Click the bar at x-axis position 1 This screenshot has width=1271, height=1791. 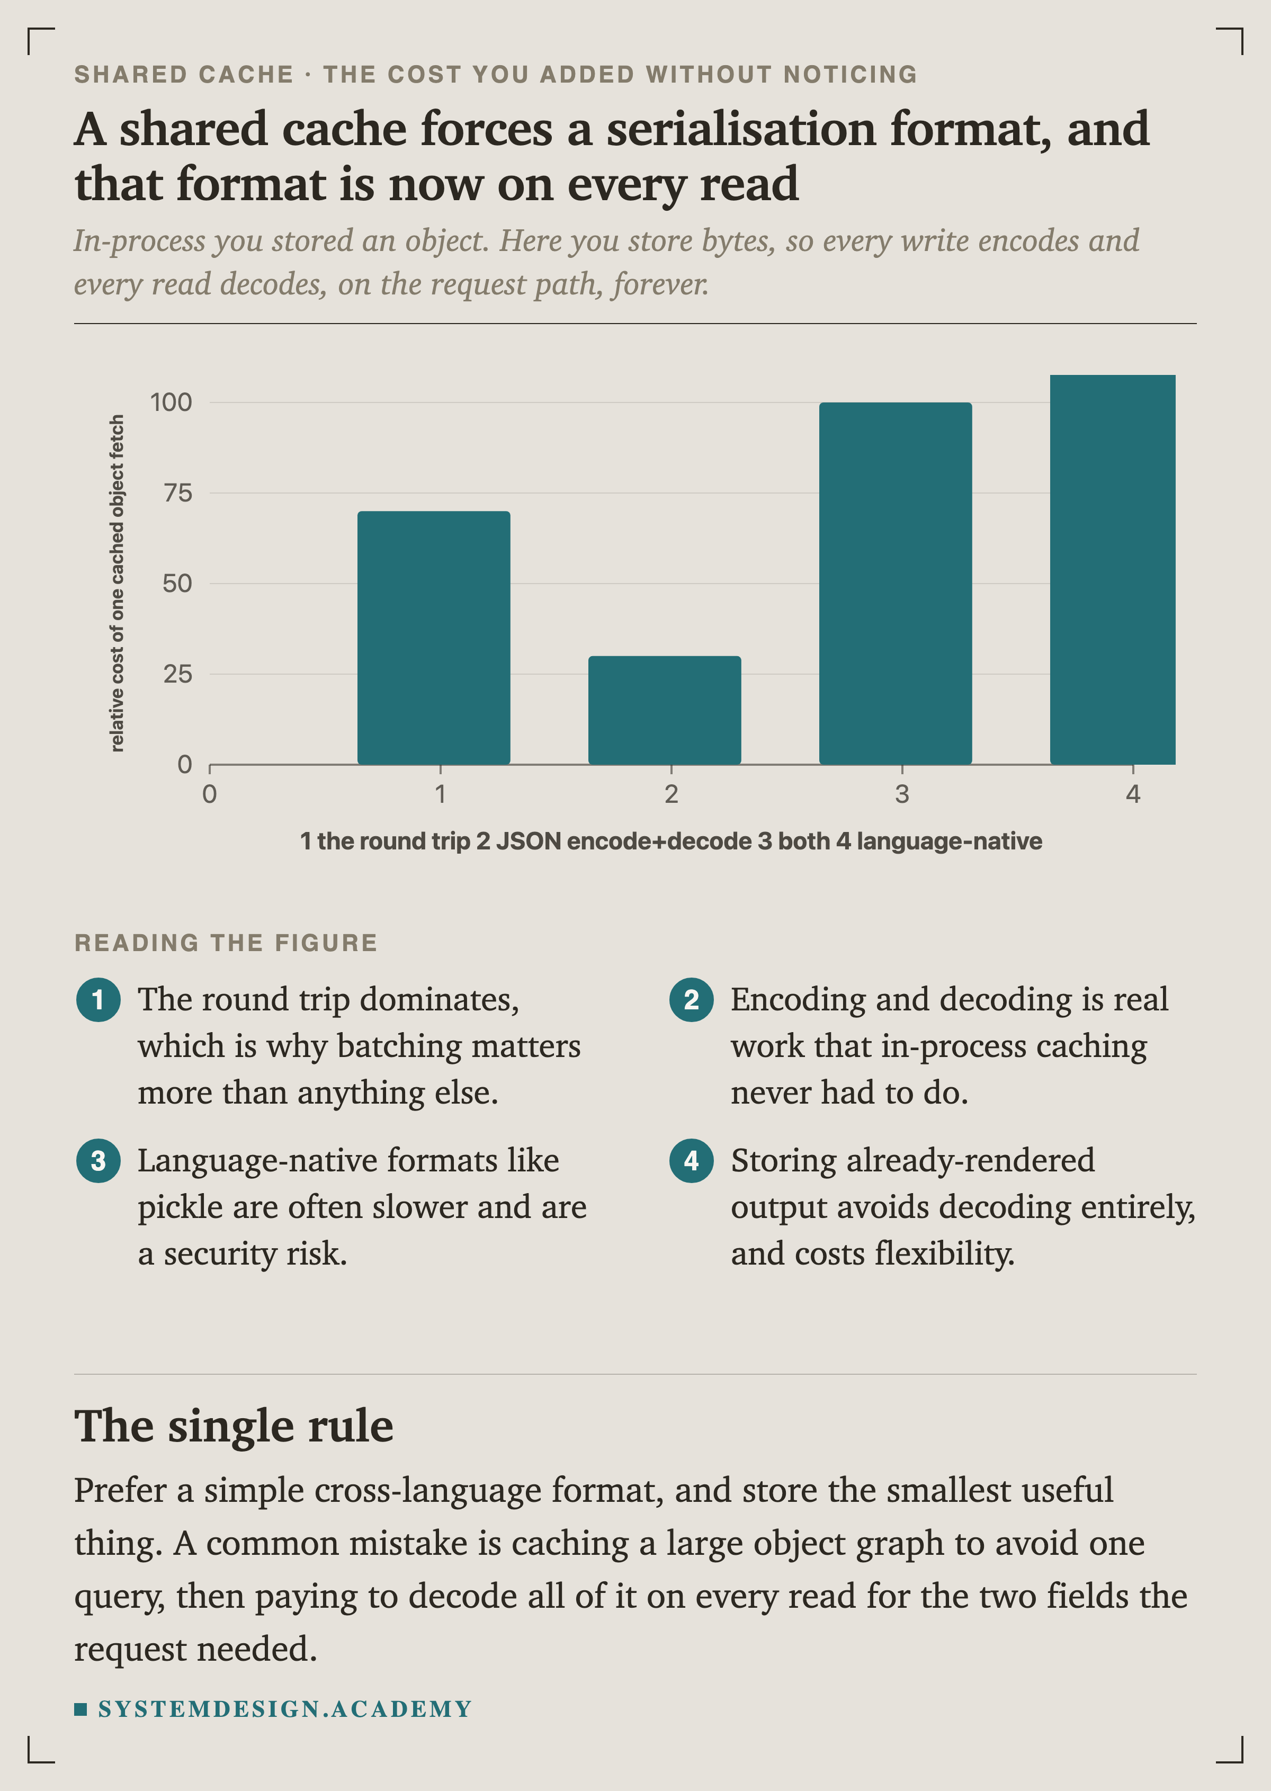(x=434, y=638)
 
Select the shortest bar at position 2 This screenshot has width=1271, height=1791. (x=665, y=710)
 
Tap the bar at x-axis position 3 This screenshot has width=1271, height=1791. (x=896, y=583)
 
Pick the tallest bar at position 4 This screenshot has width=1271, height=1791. (x=1112, y=570)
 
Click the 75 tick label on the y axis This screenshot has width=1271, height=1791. (x=177, y=493)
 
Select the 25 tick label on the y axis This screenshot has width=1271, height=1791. (x=177, y=674)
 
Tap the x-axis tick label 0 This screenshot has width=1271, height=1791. (x=210, y=794)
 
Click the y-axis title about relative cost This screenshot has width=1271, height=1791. (x=117, y=583)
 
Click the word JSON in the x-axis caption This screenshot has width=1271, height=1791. (x=529, y=841)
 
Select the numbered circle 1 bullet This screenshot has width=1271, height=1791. (x=98, y=999)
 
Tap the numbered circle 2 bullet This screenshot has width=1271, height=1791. (x=691, y=999)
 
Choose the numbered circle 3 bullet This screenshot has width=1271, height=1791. (x=98, y=1160)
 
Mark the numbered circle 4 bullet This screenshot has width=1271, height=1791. (x=691, y=1160)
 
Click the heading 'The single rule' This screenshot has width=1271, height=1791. (x=234, y=1426)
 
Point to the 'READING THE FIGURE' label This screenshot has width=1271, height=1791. (x=226, y=943)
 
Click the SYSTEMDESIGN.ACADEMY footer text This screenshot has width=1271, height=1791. (x=285, y=1709)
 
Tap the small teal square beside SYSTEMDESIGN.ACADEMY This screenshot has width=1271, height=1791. (x=80, y=1709)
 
